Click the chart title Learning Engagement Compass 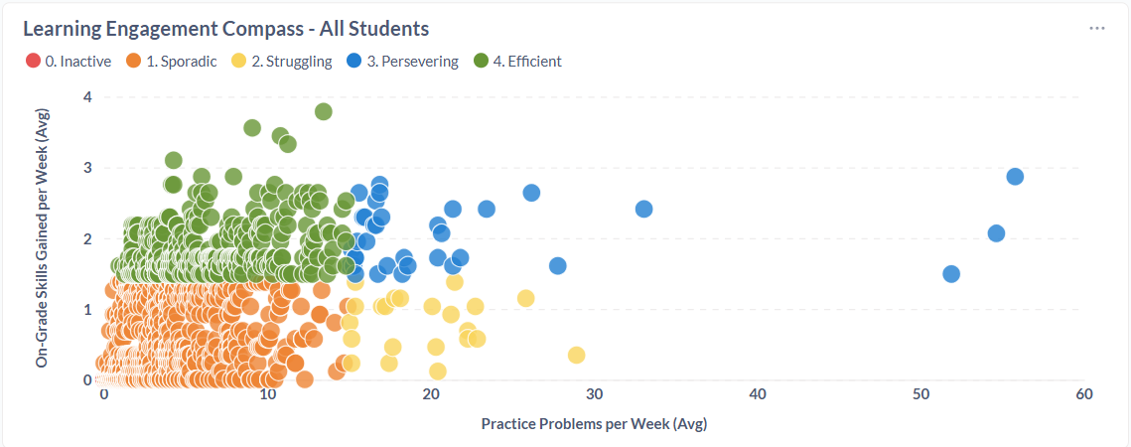click(225, 28)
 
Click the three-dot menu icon click(1096, 28)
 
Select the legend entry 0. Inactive click(69, 62)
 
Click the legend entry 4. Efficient click(517, 62)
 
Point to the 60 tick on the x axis click(1083, 394)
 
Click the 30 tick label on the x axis click(594, 394)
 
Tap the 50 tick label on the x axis click(920, 394)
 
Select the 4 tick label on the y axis click(87, 97)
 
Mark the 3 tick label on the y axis click(87, 168)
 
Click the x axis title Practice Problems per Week click(593, 424)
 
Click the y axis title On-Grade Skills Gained click(42, 238)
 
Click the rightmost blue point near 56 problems click(1015, 177)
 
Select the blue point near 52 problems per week click(951, 274)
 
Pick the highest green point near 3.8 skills click(323, 111)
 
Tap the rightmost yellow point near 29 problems click(576, 356)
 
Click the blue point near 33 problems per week click(643, 209)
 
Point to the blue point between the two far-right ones click(996, 233)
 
